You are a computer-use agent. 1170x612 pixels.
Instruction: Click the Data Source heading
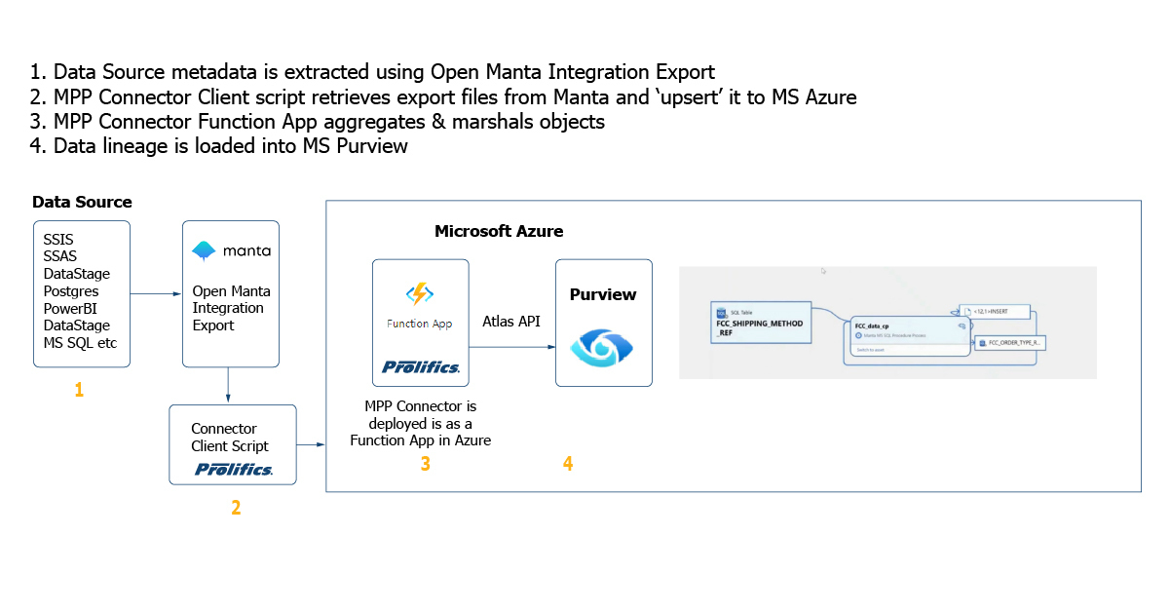pyautogui.click(x=82, y=202)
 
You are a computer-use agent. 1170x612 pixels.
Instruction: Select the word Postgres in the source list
pyautogui.click(x=71, y=290)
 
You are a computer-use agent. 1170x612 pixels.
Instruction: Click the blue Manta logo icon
pyautogui.click(x=204, y=250)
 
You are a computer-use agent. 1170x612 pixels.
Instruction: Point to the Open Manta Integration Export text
pyautogui.click(x=231, y=308)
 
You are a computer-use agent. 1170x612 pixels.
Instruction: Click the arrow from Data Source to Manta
pyautogui.click(x=156, y=292)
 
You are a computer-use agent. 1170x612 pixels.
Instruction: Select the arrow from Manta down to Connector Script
pyautogui.click(x=227, y=385)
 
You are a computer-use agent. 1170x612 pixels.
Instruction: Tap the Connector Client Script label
pyautogui.click(x=230, y=438)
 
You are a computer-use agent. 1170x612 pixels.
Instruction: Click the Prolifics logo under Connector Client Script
pyautogui.click(x=233, y=470)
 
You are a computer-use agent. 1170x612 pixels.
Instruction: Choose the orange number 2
pyautogui.click(x=236, y=508)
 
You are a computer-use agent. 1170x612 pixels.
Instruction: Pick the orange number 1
pyautogui.click(x=79, y=390)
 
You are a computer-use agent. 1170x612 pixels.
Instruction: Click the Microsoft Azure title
pyautogui.click(x=499, y=231)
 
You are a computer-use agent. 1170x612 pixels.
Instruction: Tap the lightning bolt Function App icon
pyautogui.click(x=419, y=294)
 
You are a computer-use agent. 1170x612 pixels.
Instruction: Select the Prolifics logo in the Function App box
pyautogui.click(x=421, y=367)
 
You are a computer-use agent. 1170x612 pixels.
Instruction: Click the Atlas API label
pyautogui.click(x=511, y=321)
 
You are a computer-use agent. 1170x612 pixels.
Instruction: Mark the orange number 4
pyautogui.click(x=568, y=464)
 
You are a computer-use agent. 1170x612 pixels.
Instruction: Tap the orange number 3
pyautogui.click(x=425, y=464)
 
